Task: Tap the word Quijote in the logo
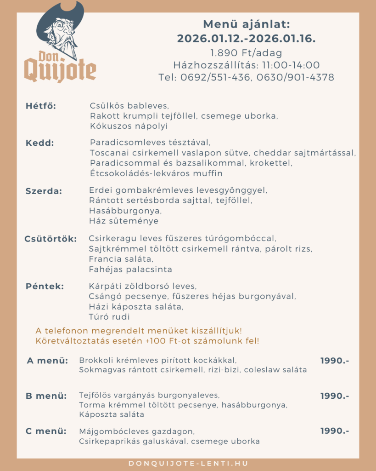point(60,71)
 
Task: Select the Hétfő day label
point(41,106)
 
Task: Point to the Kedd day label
point(40,143)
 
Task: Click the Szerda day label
point(44,191)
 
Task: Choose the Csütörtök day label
point(51,239)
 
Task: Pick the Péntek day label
point(45,287)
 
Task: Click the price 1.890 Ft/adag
point(246,53)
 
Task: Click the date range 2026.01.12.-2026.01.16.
point(246,39)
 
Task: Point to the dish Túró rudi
point(109,317)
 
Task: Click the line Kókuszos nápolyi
point(129,126)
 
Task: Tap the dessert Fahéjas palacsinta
point(130,269)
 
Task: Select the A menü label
point(47,360)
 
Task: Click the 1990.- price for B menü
point(335,396)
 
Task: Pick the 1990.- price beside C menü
point(335,431)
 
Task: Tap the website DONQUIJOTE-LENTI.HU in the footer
point(188,463)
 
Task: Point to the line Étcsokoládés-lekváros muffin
point(156,173)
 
